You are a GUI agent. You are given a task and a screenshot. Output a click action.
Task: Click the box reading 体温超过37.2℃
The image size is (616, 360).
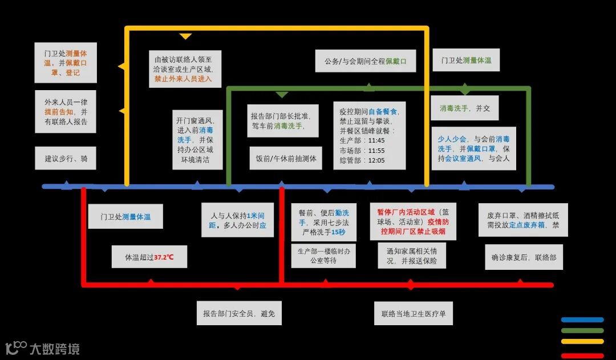(x=149, y=257)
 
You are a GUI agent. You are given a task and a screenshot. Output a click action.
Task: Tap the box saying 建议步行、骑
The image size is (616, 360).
(x=66, y=158)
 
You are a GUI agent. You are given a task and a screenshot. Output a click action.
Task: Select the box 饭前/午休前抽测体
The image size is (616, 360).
(x=282, y=158)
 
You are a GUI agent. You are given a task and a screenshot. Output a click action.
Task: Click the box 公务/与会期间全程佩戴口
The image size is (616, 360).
(x=365, y=61)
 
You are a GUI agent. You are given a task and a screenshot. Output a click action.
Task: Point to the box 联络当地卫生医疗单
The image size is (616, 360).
(x=414, y=313)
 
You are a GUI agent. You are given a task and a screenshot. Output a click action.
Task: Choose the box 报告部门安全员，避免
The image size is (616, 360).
(x=239, y=313)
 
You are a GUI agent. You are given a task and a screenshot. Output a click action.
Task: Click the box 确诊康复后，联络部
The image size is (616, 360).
(x=524, y=257)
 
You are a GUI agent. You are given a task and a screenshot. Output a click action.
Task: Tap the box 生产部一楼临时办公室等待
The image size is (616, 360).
(x=324, y=256)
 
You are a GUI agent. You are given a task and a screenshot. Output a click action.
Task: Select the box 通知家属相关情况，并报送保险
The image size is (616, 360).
(x=412, y=256)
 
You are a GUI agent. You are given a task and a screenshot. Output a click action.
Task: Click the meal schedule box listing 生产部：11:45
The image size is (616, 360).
(x=369, y=135)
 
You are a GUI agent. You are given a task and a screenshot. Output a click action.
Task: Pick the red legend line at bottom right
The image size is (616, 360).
(x=582, y=355)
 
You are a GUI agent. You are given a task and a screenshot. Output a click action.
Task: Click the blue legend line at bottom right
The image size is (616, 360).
(x=582, y=320)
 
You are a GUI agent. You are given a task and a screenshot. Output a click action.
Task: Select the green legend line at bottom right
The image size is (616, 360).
(x=582, y=331)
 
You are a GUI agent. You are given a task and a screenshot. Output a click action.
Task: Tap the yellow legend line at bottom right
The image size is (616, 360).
(x=582, y=342)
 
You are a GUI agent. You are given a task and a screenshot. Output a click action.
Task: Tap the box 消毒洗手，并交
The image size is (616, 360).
(x=464, y=108)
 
